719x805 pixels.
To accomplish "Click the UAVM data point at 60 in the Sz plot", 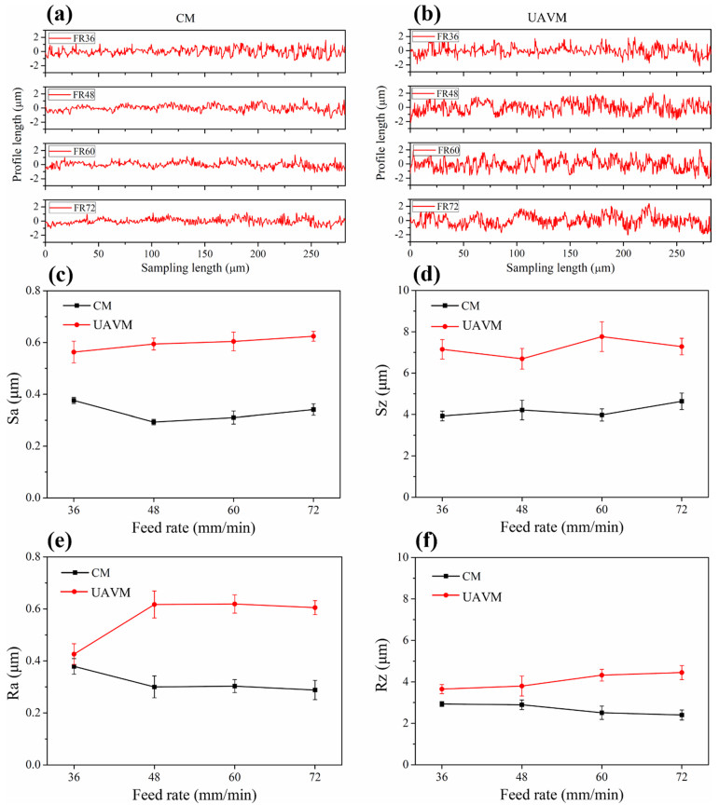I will coord(601,336).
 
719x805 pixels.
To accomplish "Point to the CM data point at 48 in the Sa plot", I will coord(153,422).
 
